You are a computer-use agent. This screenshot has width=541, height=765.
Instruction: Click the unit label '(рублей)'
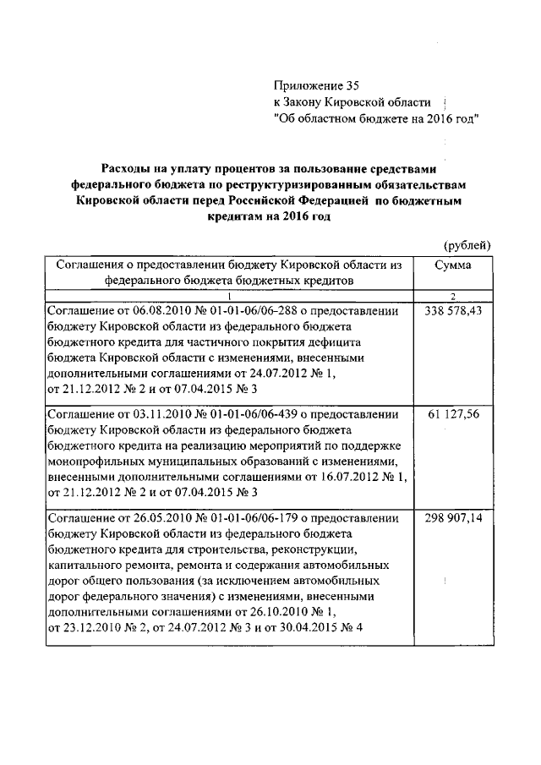pos(468,245)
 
